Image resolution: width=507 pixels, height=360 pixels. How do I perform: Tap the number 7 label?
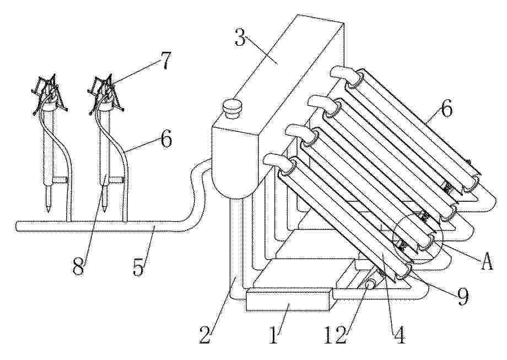(165, 61)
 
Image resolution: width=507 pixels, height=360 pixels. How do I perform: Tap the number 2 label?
(206, 335)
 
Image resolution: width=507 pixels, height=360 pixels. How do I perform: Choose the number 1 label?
(273, 335)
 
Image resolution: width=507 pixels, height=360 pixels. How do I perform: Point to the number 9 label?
(462, 297)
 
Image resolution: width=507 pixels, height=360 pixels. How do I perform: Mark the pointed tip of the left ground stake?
(47, 212)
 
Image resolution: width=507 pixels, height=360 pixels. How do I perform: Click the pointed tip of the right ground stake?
(104, 211)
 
